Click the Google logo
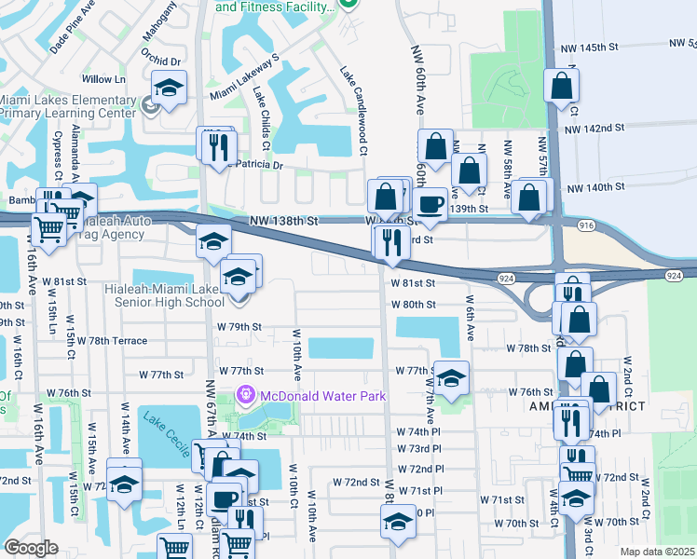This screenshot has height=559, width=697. coord(31,548)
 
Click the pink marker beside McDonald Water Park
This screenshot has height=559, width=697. coord(246,395)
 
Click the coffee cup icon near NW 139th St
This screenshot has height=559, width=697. coord(430,203)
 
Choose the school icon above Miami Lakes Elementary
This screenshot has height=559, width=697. coord(169,89)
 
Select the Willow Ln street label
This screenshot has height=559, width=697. coord(103,80)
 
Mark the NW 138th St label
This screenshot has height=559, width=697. coord(284,222)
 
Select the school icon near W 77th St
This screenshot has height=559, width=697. coord(451,377)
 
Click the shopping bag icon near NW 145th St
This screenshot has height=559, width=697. coord(561,86)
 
